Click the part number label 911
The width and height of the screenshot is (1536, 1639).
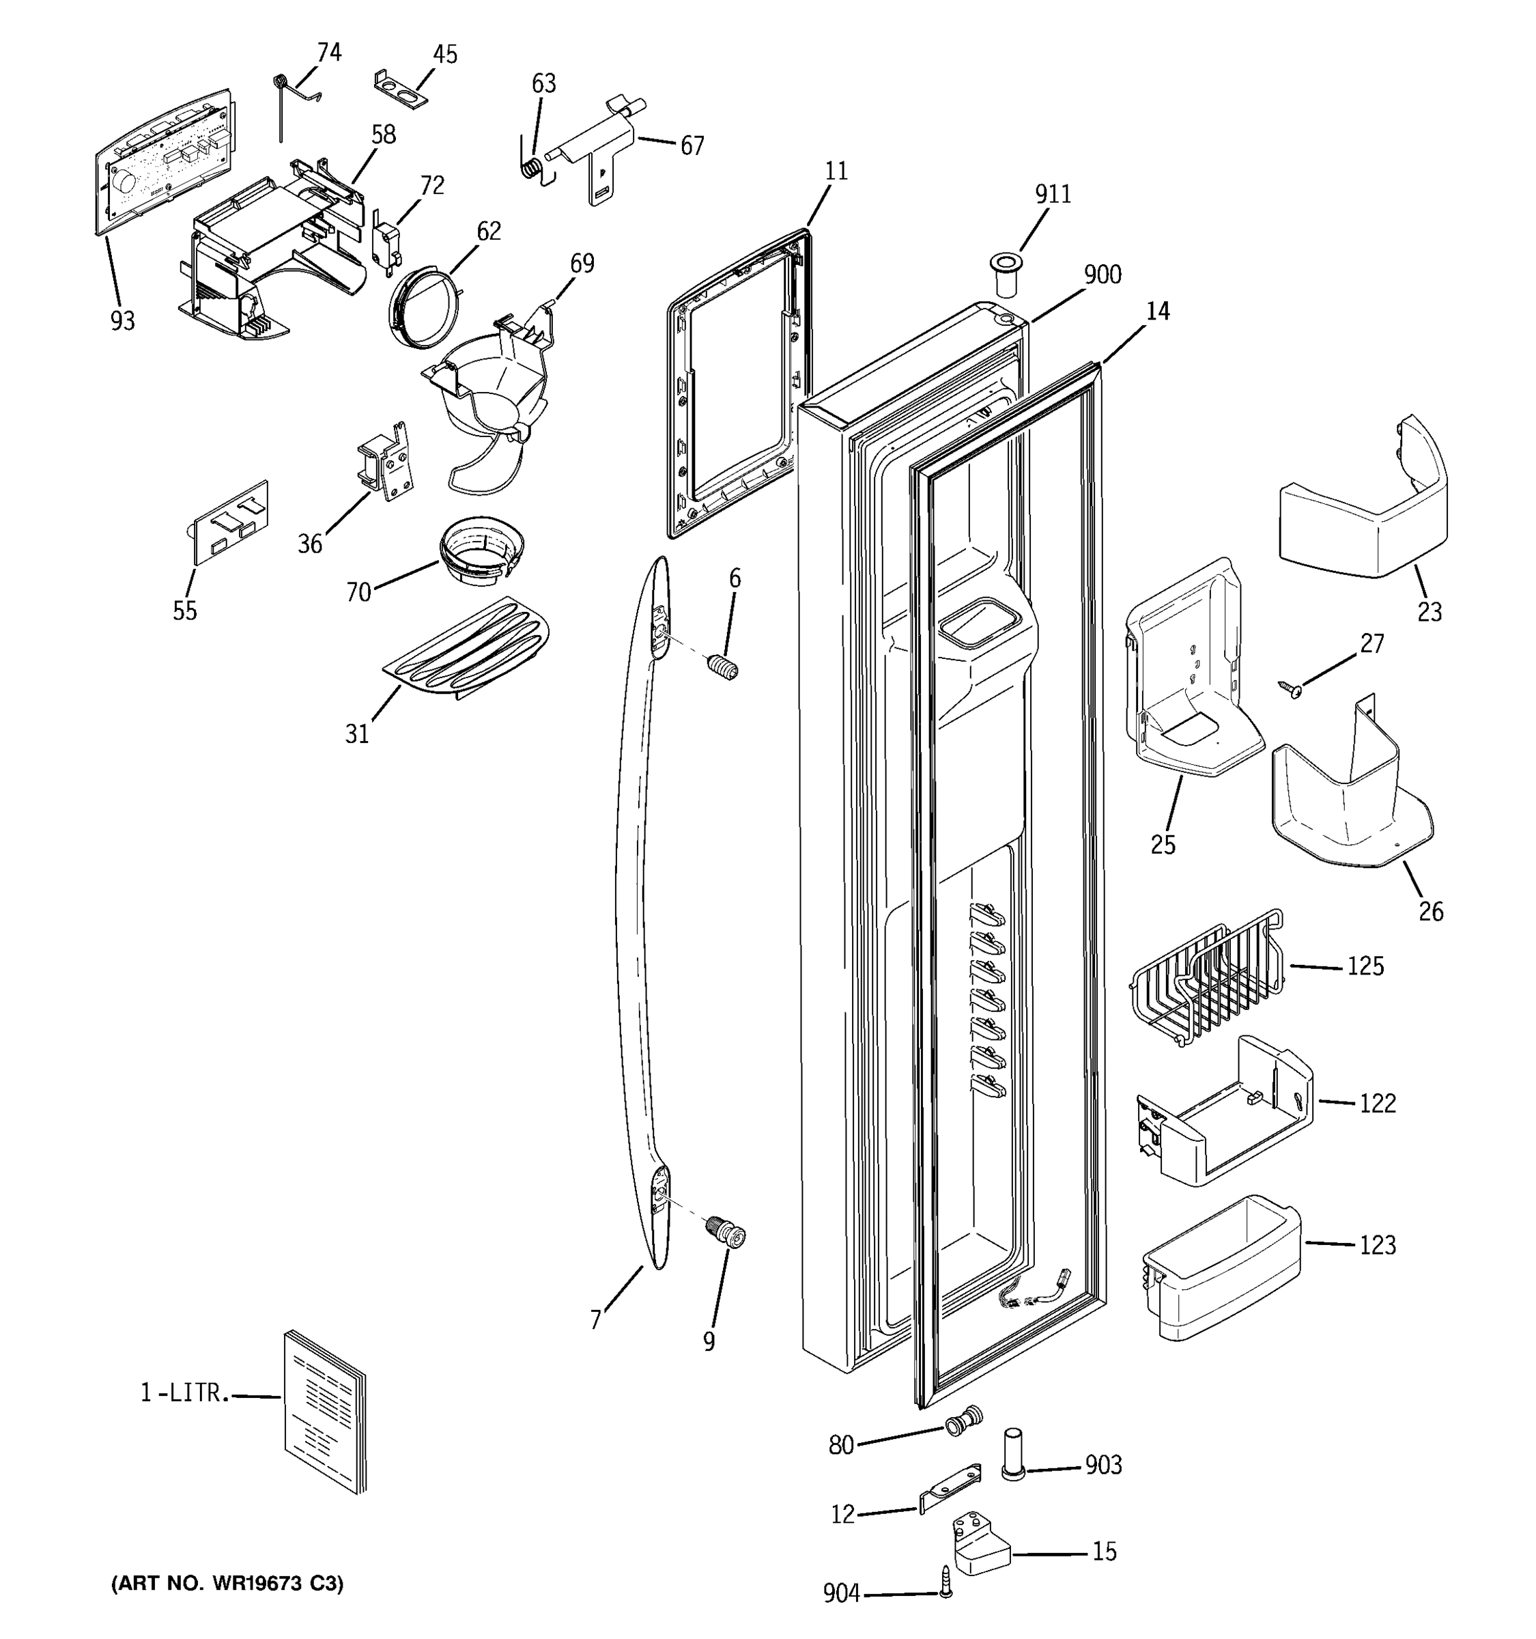(1052, 194)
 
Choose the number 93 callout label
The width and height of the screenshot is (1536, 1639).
(122, 321)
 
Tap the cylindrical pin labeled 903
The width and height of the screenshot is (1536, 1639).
(1013, 1457)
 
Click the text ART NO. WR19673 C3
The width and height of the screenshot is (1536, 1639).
(227, 1584)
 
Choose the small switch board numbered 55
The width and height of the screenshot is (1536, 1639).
(231, 522)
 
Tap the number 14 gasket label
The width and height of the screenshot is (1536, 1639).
(1158, 311)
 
